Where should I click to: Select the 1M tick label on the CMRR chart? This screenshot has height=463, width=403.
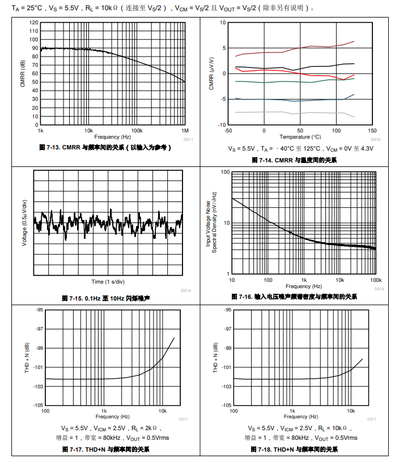click(x=184, y=130)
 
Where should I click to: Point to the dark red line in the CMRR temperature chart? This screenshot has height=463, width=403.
click(x=295, y=48)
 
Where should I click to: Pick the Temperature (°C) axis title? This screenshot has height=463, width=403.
click(x=300, y=136)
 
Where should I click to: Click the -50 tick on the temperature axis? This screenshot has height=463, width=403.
click(x=228, y=130)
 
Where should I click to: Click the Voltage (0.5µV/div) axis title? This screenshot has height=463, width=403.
click(x=24, y=222)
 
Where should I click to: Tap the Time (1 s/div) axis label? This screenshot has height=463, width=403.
click(x=108, y=281)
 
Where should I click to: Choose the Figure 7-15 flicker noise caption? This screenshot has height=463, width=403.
click(x=105, y=298)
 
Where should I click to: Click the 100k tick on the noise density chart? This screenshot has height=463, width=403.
click(x=376, y=280)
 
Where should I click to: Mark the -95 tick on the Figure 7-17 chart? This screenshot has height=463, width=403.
click(x=39, y=310)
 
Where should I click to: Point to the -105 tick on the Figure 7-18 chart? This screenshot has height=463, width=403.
click(x=227, y=405)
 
